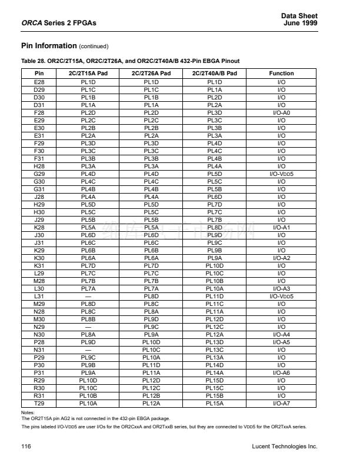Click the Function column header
click(x=281, y=74)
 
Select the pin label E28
click(x=39, y=82)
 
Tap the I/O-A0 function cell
click(x=281, y=112)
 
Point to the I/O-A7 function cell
click(x=281, y=404)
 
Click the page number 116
click(x=26, y=447)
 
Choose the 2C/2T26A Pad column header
click(x=151, y=74)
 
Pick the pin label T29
click(x=39, y=404)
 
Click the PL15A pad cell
click(x=215, y=404)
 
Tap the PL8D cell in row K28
click(x=215, y=227)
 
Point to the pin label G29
click(x=39, y=174)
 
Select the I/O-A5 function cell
click(x=281, y=342)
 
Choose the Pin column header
click(x=39, y=74)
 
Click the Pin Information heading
click(x=49, y=46)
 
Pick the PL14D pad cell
click(x=215, y=364)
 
